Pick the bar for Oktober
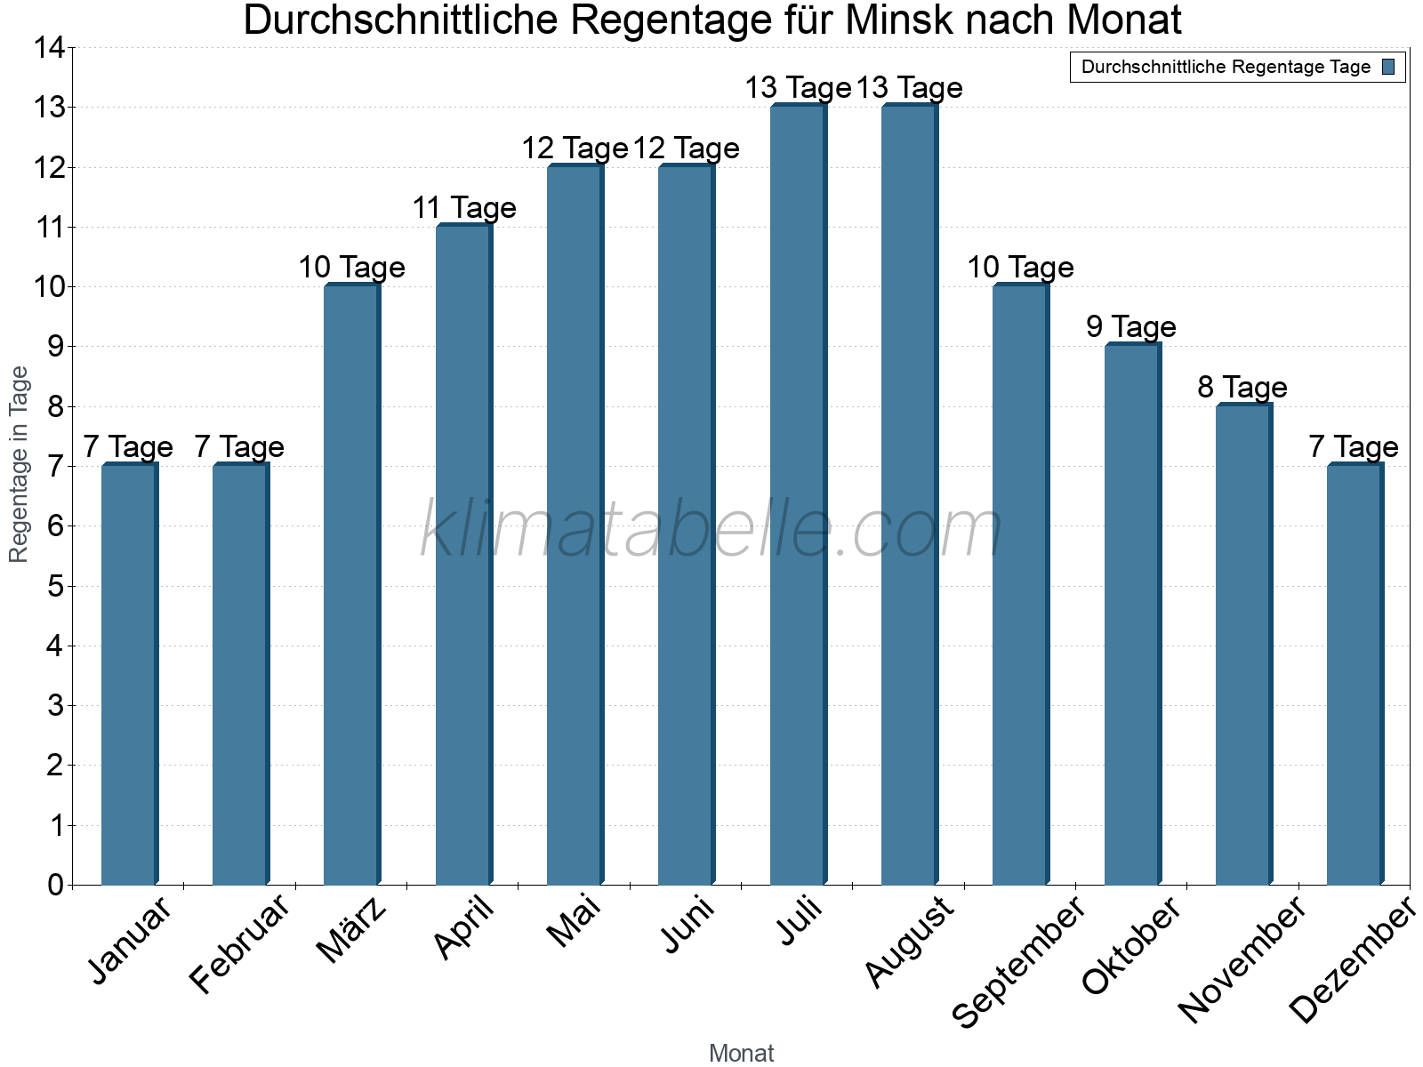tap(1132, 614)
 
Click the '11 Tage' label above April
tap(464, 208)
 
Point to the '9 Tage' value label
tap(1131, 327)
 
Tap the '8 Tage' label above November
tap(1242, 388)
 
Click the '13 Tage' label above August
tap(910, 88)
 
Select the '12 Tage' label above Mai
tap(575, 148)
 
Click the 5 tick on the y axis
tap(55, 587)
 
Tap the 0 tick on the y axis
tap(55, 886)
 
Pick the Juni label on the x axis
tap(688, 925)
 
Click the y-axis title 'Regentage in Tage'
tap(20, 464)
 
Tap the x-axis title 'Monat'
tap(741, 1054)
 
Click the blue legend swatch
tap(1388, 67)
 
